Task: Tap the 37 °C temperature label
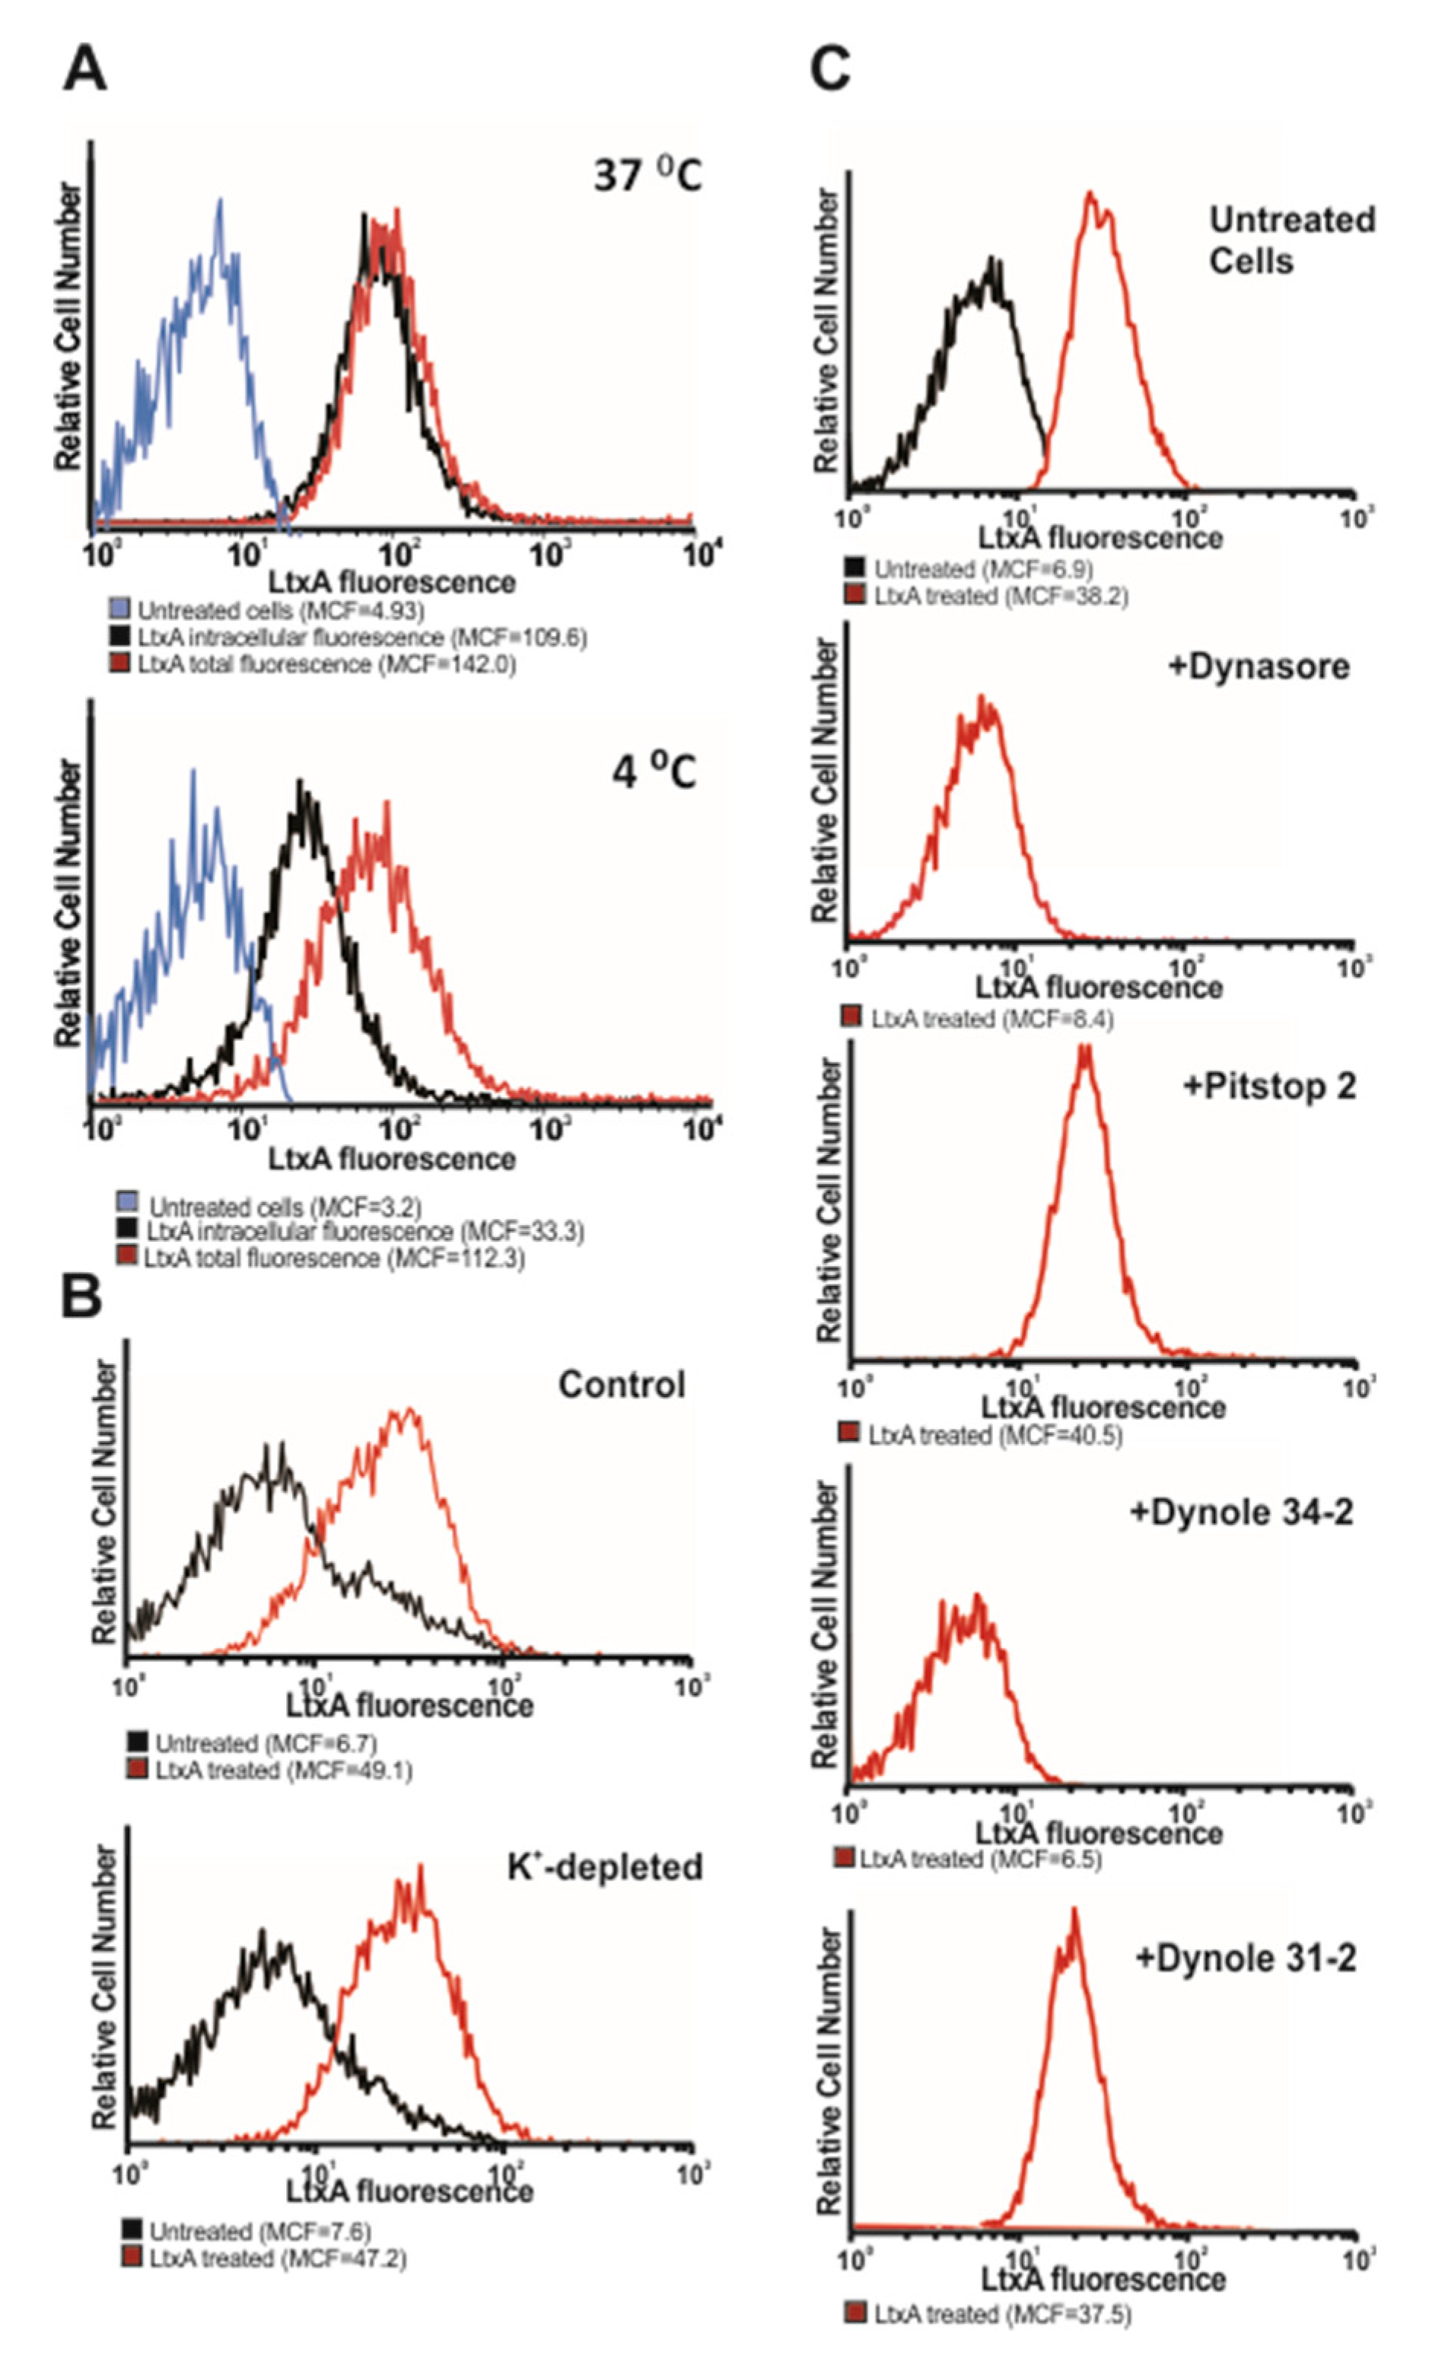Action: click(x=647, y=176)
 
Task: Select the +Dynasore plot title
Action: click(x=1258, y=667)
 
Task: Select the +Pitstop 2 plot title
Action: click(x=1268, y=1086)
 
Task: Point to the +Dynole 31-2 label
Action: click(x=1245, y=1931)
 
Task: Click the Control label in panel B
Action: click(x=621, y=1384)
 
